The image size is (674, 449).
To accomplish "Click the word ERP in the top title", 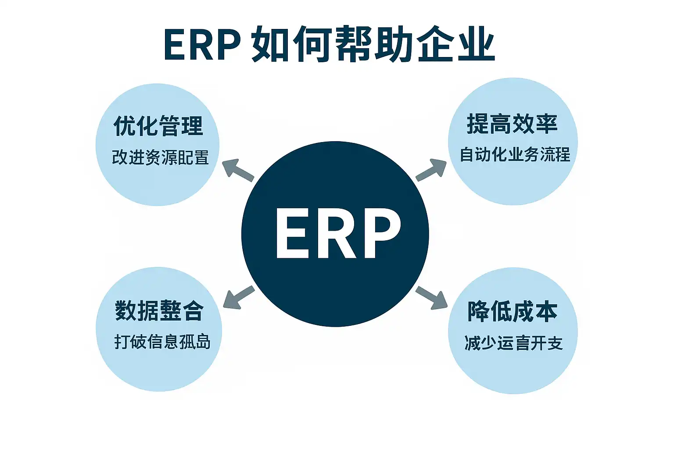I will pyautogui.click(x=201, y=45).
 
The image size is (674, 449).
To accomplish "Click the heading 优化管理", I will pyautogui.click(x=158, y=126).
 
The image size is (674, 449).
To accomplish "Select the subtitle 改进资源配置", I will pyautogui.click(x=160, y=157).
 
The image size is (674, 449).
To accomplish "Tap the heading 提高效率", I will pyautogui.click(x=512, y=124).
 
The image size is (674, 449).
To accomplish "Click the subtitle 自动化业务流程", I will pyautogui.click(x=514, y=155).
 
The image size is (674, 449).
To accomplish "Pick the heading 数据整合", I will pyautogui.click(x=159, y=311).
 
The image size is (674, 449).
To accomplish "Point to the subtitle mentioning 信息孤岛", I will pyautogui.click(x=162, y=342).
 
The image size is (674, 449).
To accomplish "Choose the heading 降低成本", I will pyautogui.click(x=512, y=312).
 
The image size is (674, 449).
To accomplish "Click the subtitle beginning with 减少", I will pyautogui.click(x=513, y=343).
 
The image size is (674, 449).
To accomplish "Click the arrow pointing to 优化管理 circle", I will pyautogui.click(x=237, y=170).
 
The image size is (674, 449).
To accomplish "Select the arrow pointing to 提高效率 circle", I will pyautogui.click(x=431, y=170).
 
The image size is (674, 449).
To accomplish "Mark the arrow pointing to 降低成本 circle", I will pyautogui.click(x=432, y=298).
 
